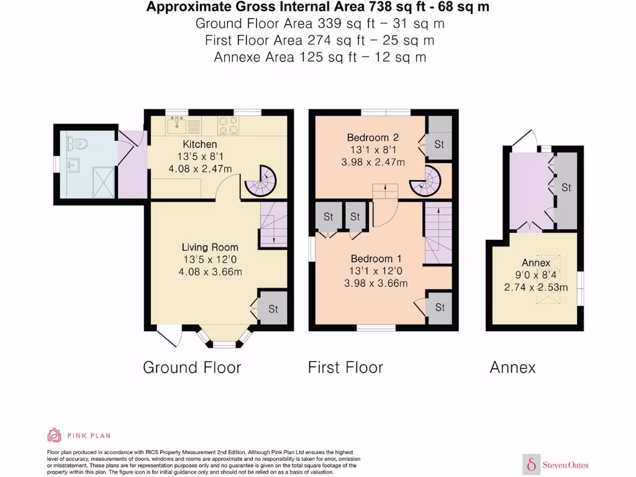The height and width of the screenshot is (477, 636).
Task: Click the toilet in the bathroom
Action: pos(78,143)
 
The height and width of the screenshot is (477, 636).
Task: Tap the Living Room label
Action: pos(211,247)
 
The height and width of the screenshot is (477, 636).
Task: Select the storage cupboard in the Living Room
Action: pos(273,308)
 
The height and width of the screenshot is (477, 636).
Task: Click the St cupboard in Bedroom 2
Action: pos(440,144)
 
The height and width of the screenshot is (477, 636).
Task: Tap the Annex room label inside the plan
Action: pos(536,263)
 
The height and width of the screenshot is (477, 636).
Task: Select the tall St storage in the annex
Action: pos(566,187)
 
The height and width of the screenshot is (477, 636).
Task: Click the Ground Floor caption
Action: pos(192,367)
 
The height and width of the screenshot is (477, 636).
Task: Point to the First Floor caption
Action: pos(345,367)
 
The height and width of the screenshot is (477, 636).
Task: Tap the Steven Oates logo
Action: pos(556,464)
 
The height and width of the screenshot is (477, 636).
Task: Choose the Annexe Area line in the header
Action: pos(319,57)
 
